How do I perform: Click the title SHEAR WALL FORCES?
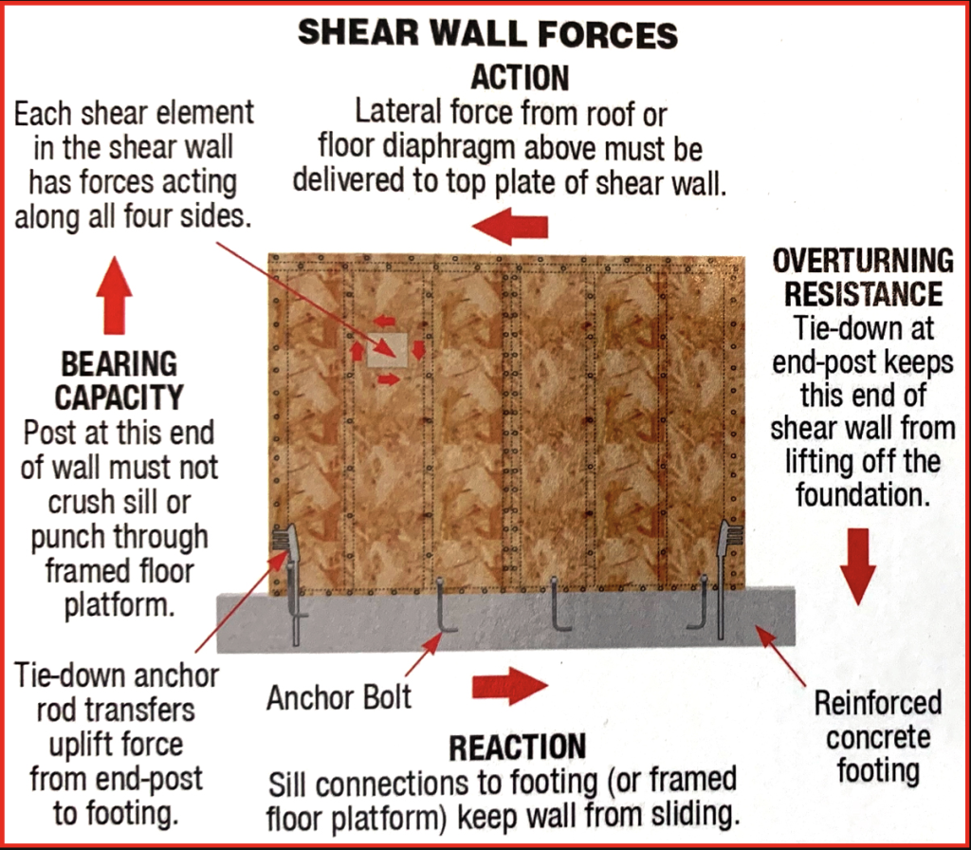(487, 34)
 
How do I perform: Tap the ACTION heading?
(520, 78)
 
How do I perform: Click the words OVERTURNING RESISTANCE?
(862, 276)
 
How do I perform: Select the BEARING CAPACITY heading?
(119, 379)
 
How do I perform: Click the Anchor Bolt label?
(339, 698)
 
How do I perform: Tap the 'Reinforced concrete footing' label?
(877, 736)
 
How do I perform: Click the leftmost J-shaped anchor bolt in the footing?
(445, 608)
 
